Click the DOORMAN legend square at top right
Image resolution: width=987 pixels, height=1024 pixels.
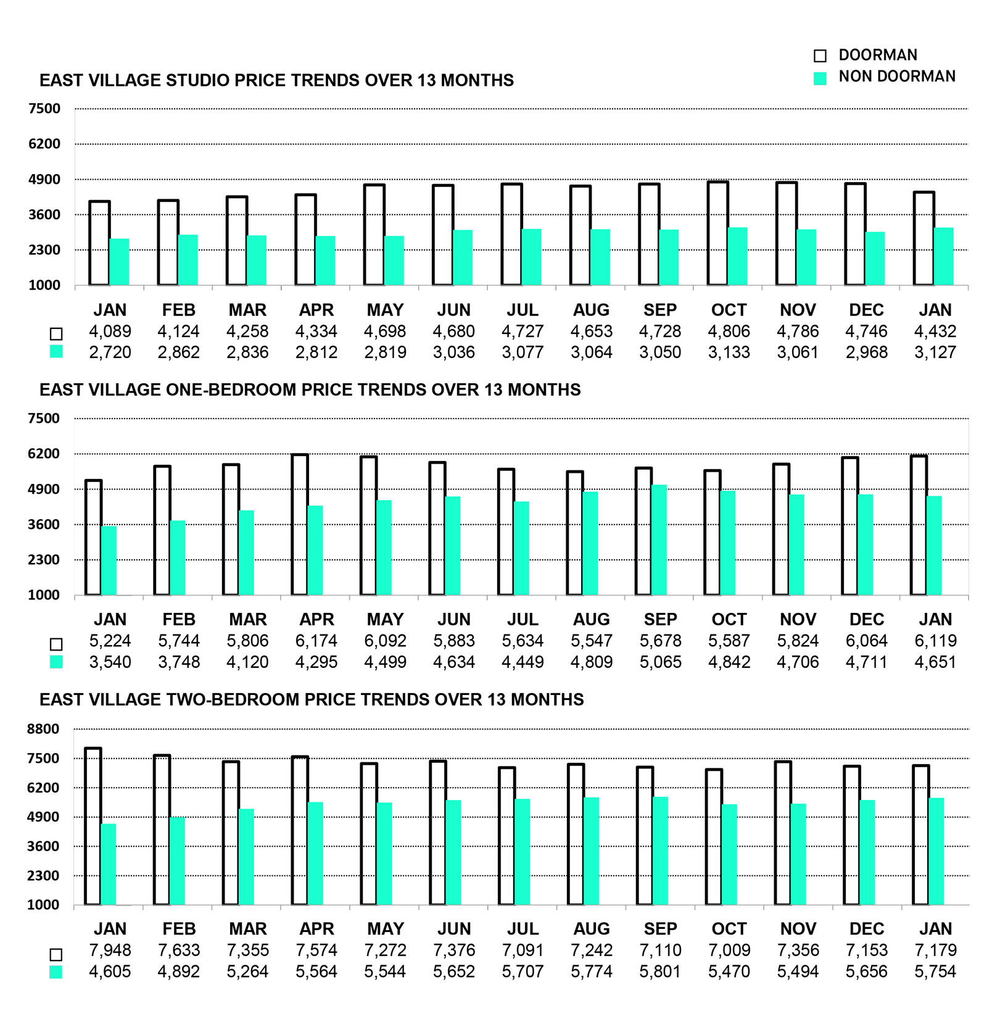click(820, 56)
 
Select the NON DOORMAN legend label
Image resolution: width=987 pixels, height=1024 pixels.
click(896, 77)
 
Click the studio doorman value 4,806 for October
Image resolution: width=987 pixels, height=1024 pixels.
click(729, 331)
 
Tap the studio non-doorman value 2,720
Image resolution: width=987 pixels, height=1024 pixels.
click(110, 352)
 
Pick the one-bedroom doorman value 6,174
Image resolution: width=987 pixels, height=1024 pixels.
click(316, 641)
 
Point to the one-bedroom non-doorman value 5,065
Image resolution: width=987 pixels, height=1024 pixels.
click(660, 662)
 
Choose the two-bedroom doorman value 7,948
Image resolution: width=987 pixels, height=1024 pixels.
click(110, 951)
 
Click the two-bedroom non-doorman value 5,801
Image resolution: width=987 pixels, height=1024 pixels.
click(660, 972)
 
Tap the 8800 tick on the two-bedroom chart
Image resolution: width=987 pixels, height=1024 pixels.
click(43, 729)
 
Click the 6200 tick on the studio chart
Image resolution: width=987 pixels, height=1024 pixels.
click(44, 144)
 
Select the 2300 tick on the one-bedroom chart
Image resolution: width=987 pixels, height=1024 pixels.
click(44, 560)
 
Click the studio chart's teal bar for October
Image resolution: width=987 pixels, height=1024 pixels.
click(737, 256)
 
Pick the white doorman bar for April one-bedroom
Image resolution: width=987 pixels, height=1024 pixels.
click(300, 525)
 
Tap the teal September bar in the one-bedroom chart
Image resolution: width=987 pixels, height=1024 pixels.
click(659, 540)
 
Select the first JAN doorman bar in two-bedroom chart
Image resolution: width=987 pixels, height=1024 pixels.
click(93, 826)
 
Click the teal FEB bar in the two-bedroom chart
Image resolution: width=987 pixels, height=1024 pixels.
click(177, 861)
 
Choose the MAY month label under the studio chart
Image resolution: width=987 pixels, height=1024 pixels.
click(385, 310)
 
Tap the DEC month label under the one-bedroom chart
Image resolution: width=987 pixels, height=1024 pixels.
click(866, 620)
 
